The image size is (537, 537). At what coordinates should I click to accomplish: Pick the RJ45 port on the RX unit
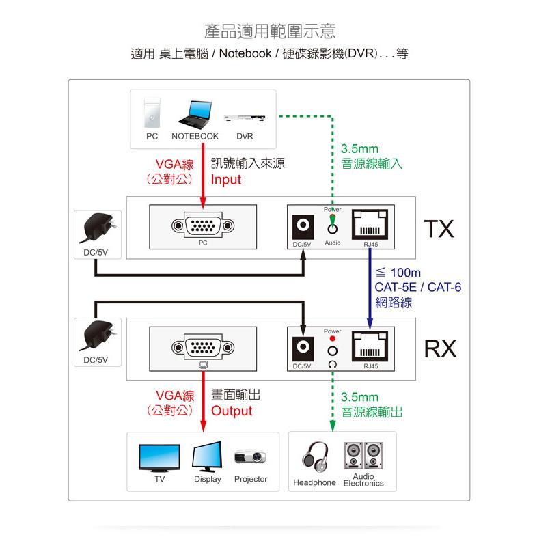tap(370, 347)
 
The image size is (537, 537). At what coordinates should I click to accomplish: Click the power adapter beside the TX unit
tap(98, 228)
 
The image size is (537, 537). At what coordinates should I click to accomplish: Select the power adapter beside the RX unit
tap(98, 335)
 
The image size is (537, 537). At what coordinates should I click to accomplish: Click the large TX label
tap(438, 229)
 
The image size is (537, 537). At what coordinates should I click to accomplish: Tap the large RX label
tap(438, 349)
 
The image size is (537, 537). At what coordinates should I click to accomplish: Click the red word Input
tap(225, 180)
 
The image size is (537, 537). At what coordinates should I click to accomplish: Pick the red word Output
tap(231, 411)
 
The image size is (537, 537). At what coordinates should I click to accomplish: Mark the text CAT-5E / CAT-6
tap(417, 287)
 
